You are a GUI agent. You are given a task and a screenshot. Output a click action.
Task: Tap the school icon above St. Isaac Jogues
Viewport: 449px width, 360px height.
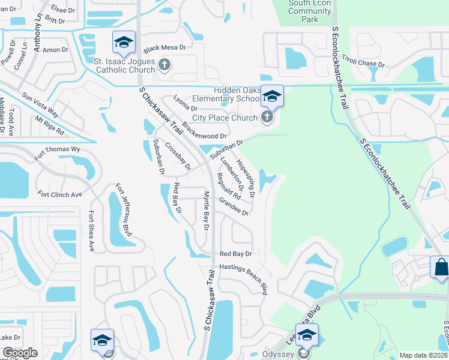click(x=124, y=42)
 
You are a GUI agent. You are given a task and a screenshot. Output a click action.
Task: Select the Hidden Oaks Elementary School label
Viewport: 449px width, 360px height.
click(x=226, y=94)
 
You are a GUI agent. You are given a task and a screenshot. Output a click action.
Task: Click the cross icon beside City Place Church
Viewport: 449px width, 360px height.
click(x=267, y=117)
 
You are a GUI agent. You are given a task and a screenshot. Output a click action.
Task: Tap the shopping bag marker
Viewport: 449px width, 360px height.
click(x=441, y=267)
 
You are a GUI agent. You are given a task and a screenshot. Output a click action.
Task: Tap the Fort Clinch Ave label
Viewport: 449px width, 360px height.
click(x=59, y=194)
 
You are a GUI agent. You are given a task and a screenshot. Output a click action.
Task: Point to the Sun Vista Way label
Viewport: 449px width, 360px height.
click(x=41, y=103)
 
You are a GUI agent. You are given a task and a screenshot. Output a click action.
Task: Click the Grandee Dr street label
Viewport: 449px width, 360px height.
click(x=234, y=206)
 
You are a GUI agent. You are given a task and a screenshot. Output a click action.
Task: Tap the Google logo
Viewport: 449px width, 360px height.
click(x=20, y=353)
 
